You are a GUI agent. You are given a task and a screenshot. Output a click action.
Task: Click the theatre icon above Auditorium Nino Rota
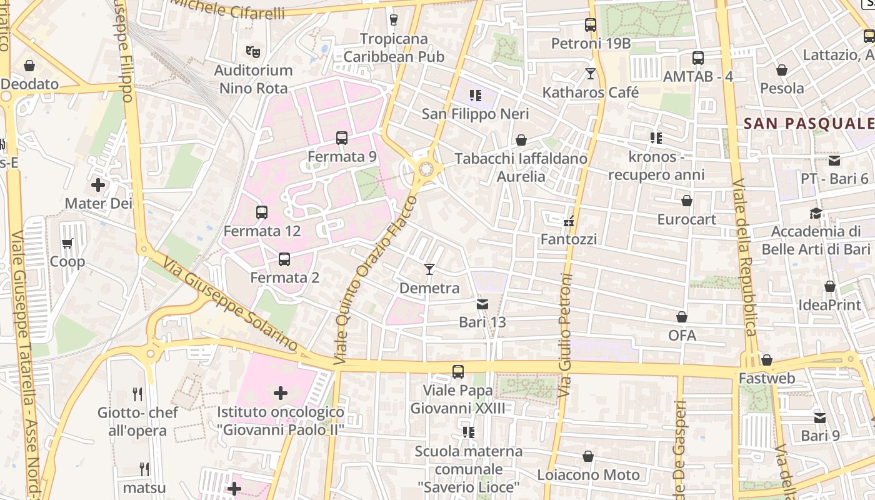coord(253,51)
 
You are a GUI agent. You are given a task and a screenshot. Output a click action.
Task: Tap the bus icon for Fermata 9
coord(342,138)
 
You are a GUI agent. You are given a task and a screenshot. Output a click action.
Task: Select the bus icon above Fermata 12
coord(262,212)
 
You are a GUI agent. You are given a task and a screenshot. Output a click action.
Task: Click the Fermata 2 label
coord(284,277)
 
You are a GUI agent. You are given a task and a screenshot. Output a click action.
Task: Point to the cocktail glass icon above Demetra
coord(429,269)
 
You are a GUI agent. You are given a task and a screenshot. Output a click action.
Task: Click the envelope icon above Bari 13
coord(482,304)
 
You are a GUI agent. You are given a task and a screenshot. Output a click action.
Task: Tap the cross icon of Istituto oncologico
coord(281,393)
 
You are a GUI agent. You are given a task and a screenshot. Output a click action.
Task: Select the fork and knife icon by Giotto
coord(137,394)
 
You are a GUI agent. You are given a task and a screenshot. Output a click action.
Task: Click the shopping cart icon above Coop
coord(67,243)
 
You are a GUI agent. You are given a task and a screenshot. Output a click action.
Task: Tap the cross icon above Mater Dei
coord(98,185)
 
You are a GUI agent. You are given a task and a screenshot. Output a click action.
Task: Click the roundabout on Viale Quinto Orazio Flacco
coord(426,169)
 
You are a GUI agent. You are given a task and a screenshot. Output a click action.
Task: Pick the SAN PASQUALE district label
coord(809,123)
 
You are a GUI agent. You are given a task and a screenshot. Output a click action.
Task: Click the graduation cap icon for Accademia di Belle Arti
coord(816,213)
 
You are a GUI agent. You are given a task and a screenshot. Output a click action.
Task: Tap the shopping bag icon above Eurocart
coord(686,201)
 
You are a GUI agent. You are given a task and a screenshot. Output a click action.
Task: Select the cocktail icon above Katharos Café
coord(590,74)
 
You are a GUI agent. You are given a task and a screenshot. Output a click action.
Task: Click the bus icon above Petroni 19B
coord(591,25)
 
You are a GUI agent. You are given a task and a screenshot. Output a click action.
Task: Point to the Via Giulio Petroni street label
coord(566,334)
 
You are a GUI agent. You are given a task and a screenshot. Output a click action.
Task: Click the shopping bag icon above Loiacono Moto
coord(588,456)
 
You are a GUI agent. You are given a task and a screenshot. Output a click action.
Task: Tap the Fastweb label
coord(767,378)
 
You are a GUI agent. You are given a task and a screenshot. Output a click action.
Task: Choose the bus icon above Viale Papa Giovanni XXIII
coord(458,372)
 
